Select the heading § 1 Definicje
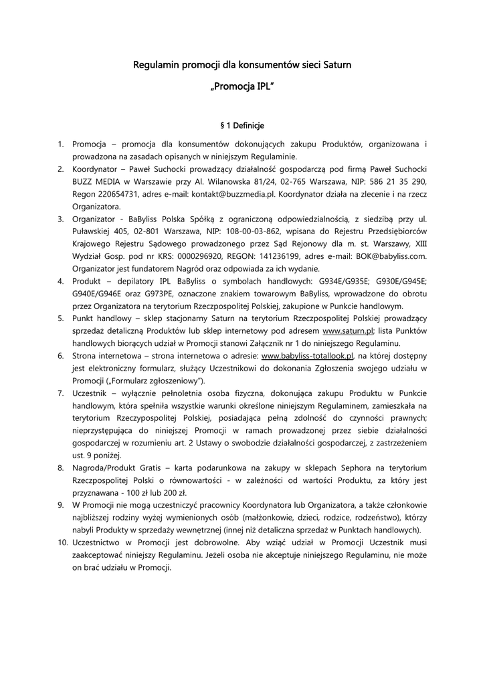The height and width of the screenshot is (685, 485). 242,125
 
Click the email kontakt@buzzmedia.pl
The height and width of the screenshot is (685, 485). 237,194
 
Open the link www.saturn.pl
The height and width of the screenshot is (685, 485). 348,331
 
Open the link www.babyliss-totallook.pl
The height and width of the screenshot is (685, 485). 307,356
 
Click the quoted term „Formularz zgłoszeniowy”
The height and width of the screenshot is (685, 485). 157,381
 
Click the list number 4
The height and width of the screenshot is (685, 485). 61,281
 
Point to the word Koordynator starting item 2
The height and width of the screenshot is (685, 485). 95,169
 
